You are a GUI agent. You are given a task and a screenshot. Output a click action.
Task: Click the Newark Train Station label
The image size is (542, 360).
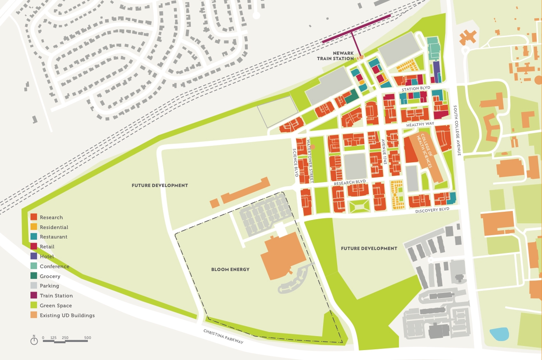(x=335, y=56)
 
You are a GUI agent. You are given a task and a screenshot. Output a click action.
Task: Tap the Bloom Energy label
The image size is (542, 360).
(x=230, y=269)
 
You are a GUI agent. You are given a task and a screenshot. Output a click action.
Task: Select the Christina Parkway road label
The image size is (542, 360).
(x=223, y=337)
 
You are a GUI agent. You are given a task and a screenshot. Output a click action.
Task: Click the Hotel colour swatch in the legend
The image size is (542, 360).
(x=34, y=256)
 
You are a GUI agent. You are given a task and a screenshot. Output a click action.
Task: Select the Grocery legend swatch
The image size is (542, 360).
(x=34, y=276)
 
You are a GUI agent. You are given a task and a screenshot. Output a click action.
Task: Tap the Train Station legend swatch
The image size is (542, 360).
(x=34, y=295)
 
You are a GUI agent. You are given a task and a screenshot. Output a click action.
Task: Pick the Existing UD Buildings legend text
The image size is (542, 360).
(x=67, y=316)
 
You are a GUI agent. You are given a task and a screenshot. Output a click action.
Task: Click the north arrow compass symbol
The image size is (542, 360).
(x=34, y=341)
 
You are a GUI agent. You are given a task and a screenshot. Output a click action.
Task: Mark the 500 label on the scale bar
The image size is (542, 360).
(x=87, y=338)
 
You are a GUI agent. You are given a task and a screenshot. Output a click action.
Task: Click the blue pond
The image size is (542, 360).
(x=499, y=334)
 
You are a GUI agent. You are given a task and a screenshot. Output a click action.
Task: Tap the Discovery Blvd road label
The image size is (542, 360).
(x=432, y=209)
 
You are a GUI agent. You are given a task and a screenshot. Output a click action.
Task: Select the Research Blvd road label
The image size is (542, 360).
(x=350, y=182)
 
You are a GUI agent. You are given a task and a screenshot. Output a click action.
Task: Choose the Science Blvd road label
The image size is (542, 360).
(x=295, y=162)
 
